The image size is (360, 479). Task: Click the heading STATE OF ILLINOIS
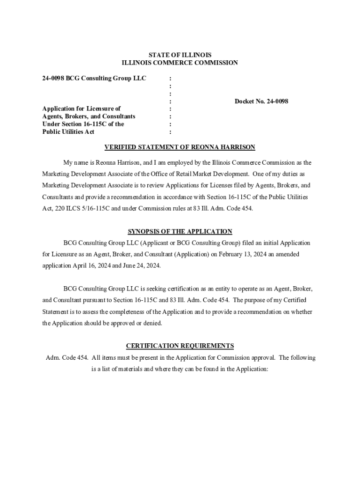(180, 55)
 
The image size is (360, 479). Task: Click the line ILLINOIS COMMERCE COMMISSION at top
(180, 63)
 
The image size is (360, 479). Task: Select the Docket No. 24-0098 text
(261, 101)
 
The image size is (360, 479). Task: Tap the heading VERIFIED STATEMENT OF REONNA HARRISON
(180, 147)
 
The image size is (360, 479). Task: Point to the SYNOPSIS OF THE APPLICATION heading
(180, 232)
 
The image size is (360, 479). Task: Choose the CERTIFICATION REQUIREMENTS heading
(180, 346)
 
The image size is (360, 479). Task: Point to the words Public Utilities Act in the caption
(68, 132)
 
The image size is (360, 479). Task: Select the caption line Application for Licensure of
(81, 109)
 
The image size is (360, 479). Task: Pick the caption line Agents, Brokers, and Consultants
(88, 116)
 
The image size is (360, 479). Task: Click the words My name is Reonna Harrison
(98, 163)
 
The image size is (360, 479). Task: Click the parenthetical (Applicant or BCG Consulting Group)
(189, 243)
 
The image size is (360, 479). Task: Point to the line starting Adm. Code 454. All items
(180, 358)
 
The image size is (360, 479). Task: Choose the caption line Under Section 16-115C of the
(83, 124)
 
